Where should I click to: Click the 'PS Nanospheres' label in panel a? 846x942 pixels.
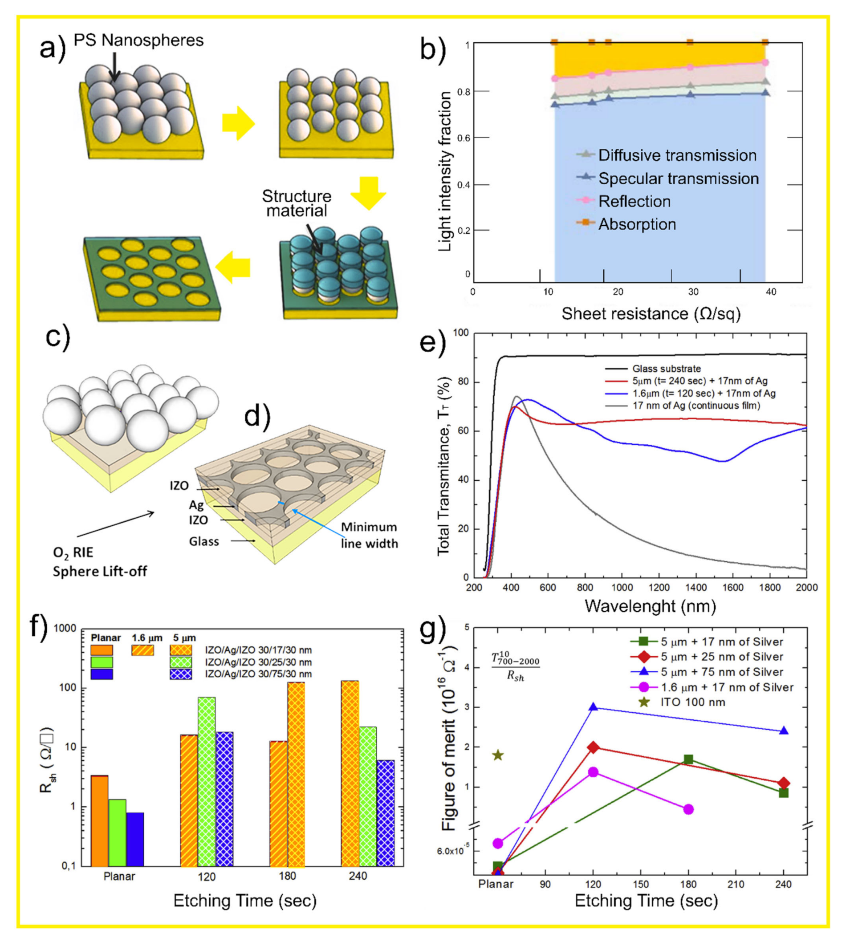coord(138,41)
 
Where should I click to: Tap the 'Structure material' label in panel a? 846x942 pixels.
coord(297,203)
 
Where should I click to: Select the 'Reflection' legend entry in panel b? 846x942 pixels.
coord(634,201)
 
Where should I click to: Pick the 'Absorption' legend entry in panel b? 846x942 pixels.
coord(637,224)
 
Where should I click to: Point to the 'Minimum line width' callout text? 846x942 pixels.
coord(369,535)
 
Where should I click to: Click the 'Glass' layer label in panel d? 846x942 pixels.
coord(203,541)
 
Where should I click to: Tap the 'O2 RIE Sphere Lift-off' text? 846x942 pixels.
coord(99,561)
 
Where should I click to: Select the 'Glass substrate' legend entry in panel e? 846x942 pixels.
coord(666,369)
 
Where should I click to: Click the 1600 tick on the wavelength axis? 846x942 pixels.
coord(732,587)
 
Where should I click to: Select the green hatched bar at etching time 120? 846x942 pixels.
coord(207,781)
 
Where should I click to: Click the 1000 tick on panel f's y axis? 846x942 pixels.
coord(65,629)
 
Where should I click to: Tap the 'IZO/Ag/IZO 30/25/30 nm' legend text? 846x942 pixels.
coord(258,662)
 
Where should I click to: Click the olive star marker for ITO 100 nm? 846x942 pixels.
coord(498,755)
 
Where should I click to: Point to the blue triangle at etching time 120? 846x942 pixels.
coord(593,707)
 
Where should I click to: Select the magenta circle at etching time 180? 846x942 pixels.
coord(688,809)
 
